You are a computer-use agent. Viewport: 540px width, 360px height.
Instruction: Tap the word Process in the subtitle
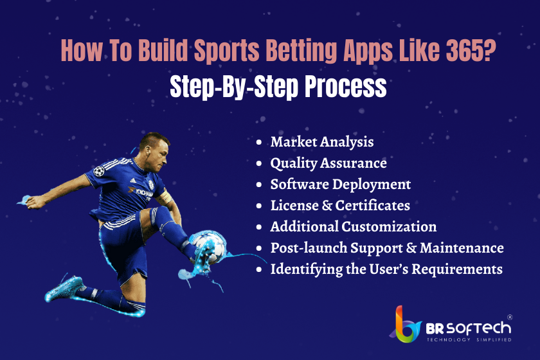click(345, 87)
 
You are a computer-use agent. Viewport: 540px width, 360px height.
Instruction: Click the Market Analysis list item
click(321, 142)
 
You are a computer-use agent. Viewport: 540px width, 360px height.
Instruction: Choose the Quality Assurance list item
click(328, 163)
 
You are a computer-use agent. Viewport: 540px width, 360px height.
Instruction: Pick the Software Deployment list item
click(340, 184)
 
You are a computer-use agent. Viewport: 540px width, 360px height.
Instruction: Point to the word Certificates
click(373, 205)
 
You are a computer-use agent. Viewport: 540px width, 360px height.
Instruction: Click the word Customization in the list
click(389, 227)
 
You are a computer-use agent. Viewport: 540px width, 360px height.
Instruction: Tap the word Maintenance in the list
click(462, 248)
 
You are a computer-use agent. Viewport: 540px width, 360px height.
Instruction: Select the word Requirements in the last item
click(457, 269)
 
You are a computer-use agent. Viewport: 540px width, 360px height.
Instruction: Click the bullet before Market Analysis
click(259, 142)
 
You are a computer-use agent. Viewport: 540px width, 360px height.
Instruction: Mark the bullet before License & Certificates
click(259, 206)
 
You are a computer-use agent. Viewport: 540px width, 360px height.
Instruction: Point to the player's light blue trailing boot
click(64, 289)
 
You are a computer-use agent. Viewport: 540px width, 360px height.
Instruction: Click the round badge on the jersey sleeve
click(99, 171)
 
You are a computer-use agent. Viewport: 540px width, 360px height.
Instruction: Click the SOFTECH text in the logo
click(478, 328)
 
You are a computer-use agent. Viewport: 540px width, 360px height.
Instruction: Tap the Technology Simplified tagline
click(469, 339)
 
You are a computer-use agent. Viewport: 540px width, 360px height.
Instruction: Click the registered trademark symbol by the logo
click(510, 317)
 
